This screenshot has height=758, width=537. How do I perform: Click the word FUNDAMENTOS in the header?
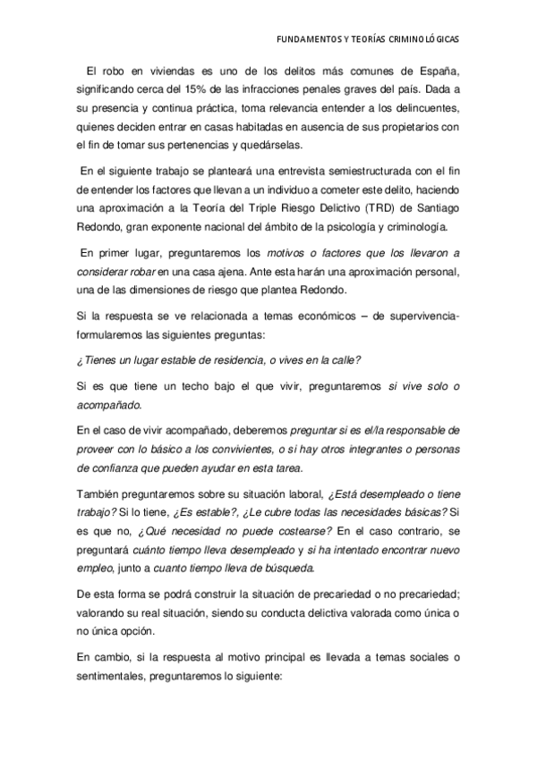coord(308,40)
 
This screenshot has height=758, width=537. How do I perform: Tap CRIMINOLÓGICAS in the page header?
coord(425,40)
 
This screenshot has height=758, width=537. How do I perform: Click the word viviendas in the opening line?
coord(173,72)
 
